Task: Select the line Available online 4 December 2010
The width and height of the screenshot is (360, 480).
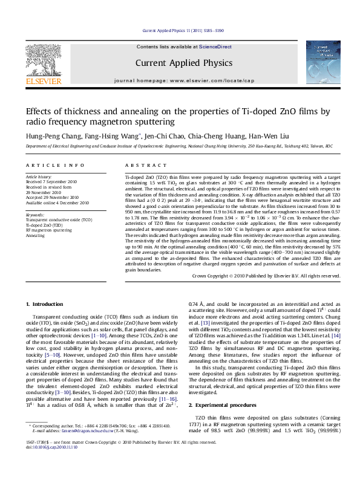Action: pos(57,203)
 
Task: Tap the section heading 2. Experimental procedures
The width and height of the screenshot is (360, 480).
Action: pos(226,404)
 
